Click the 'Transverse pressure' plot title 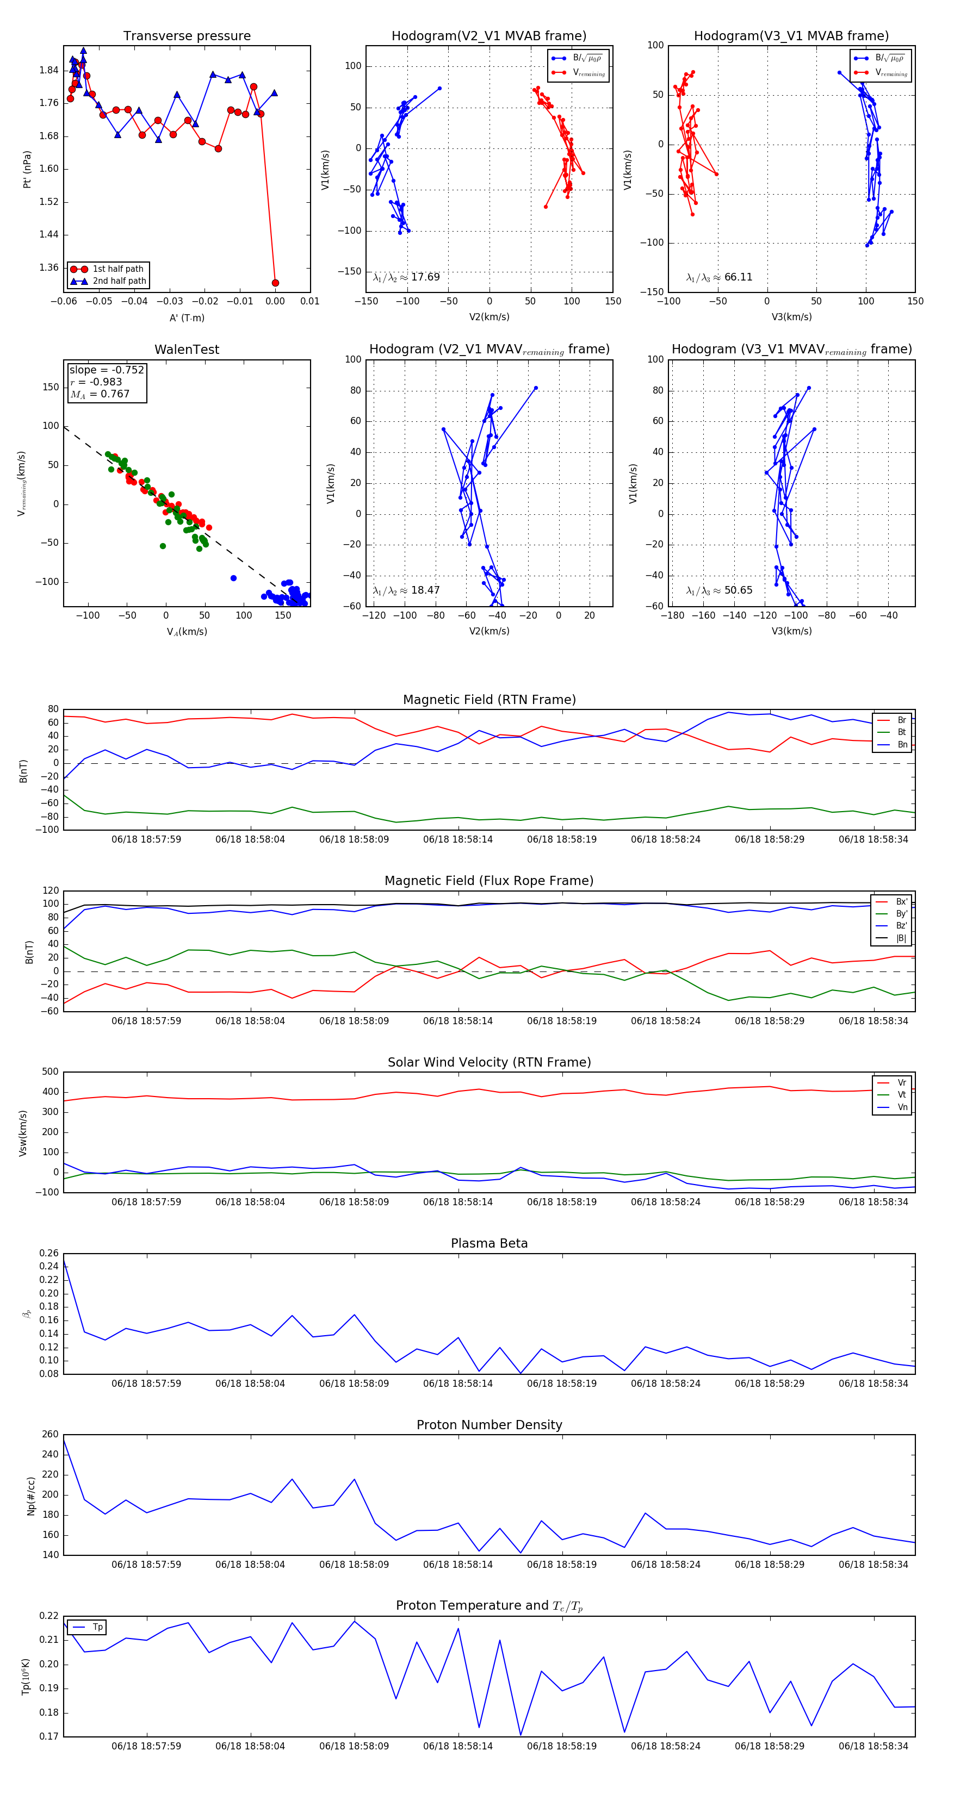pyautogui.click(x=187, y=36)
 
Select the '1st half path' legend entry pyautogui.click(x=118, y=269)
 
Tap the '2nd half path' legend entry pyautogui.click(x=119, y=282)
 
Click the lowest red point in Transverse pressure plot pyautogui.click(x=275, y=283)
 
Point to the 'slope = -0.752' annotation pyautogui.click(x=107, y=370)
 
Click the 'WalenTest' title pyautogui.click(x=187, y=350)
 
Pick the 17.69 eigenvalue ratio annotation pyautogui.click(x=406, y=277)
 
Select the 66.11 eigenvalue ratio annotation pyautogui.click(x=719, y=277)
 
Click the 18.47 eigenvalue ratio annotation pyautogui.click(x=406, y=590)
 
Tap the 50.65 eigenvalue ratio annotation pyautogui.click(x=719, y=590)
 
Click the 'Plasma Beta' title pyautogui.click(x=489, y=1243)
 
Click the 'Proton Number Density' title pyautogui.click(x=489, y=1425)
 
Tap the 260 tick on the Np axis pyautogui.click(x=50, y=1435)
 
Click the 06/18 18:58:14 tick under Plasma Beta pyautogui.click(x=458, y=1383)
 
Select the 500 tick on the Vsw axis pyautogui.click(x=50, y=1072)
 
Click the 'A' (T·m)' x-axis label pyautogui.click(x=187, y=317)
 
